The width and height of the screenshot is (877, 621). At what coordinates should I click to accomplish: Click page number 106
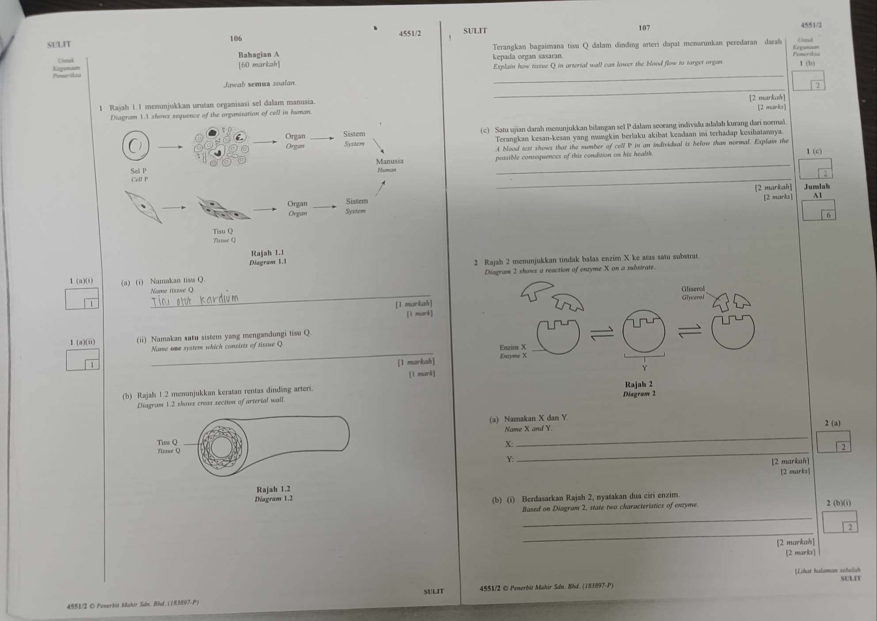pos(236,38)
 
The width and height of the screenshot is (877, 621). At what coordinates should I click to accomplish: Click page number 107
pos(644,28)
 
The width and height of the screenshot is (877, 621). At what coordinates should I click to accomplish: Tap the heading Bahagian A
pos(258,55)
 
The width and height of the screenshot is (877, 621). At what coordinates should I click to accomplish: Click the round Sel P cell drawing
pos(136,145)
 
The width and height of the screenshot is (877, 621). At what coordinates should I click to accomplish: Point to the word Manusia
pos(389,161)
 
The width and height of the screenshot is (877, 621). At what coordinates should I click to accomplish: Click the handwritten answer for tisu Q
pos(194,300)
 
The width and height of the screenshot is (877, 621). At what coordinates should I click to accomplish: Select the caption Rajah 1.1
pos(267,253)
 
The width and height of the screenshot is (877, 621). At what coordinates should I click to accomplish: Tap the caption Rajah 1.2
pos(273,489)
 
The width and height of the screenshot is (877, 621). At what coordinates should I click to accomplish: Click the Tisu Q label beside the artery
pos(167,442)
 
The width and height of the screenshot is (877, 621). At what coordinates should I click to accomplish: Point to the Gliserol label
pos(693,289)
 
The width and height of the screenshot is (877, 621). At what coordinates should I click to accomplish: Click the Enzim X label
pos(513,347)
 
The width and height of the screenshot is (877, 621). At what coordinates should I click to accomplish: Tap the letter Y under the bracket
pos(644,368)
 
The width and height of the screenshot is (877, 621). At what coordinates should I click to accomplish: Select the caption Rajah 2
pos(639,384)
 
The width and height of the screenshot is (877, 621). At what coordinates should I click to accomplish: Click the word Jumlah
pos(817,186)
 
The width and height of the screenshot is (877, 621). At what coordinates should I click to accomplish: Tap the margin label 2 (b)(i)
pos(838,503)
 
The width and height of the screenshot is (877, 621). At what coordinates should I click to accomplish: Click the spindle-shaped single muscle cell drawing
pos(143,207)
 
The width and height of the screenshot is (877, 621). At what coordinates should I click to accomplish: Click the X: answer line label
pos(509,444)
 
